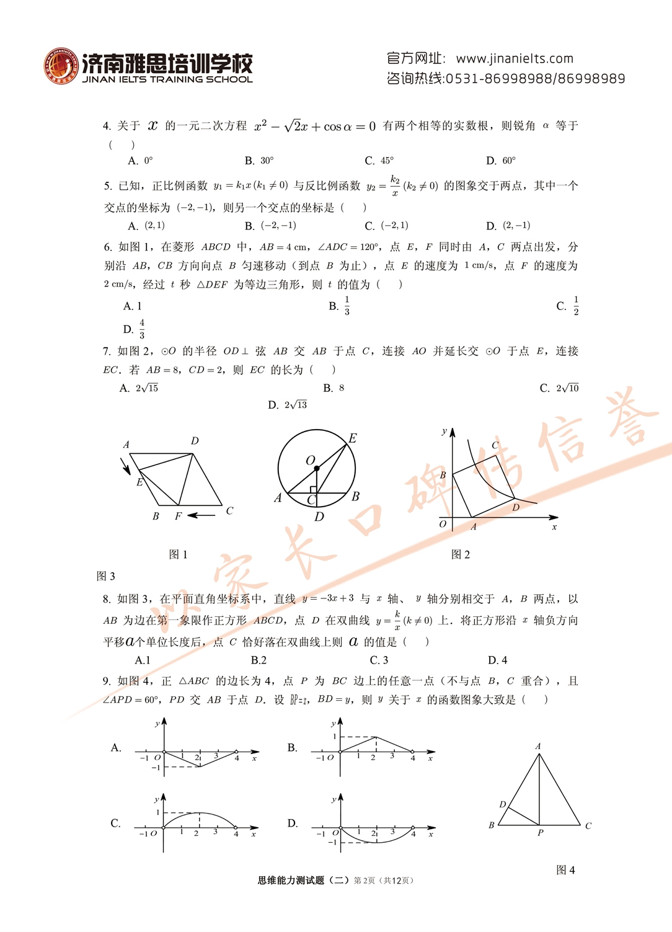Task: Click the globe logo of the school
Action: [x=61, y=66]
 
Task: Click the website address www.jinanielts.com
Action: [x=514, y=58]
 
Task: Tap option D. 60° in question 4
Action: [x=501, y=161]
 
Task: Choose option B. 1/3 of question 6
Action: [x=340, y=306]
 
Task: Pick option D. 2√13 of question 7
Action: [x=287, y=405]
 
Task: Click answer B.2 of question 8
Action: [x=259, y=660]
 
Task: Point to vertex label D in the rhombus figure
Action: [x=195, y=441]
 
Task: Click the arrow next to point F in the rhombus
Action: [x=201, y=515]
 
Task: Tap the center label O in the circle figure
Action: [x=310, y=460]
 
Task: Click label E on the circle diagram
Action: [x=353, y=438]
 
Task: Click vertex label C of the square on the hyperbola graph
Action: [x=495, y=445]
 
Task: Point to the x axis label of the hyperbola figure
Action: [x=554, y=527]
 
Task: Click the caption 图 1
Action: [x=178, y=554]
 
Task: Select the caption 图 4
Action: [x=565, y=870]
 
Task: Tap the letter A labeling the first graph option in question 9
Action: [x=116, y=748]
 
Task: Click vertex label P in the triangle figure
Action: [x=540, y=833]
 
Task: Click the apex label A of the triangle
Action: [x=538, y=746]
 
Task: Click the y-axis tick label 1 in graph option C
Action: [x=158, y=812]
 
